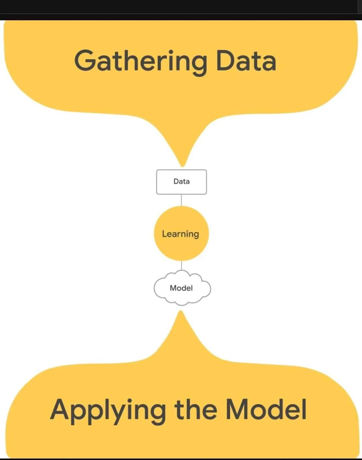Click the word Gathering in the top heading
click(x=141, y=61)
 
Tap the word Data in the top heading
click(x=246, y=61)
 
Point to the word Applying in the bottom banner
click(x=108, y=410)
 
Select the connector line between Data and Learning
click(x=181, y=200)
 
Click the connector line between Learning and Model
click(x=182, y=266)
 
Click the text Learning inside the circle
click(x=180, y=234)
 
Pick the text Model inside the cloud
click(x=181, y=288)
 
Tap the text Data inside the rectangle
click(x=182, y=181)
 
